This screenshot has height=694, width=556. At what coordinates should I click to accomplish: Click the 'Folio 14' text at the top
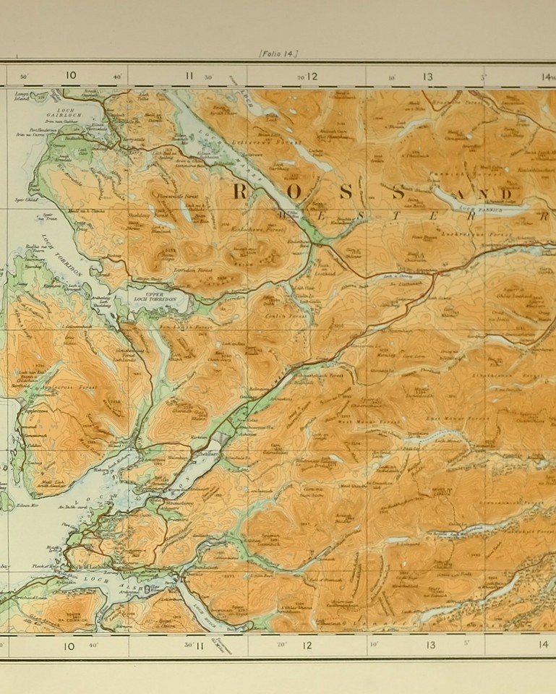coord(278,53)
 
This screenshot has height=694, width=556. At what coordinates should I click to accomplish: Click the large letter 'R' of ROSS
coord(241,192)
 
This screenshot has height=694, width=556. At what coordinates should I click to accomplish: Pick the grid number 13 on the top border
coord(427,76)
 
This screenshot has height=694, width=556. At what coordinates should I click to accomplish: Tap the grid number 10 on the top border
coord(70,75)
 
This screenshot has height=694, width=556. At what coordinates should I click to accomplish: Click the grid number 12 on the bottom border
coord(307,645)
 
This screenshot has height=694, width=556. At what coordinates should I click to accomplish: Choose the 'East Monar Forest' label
coord(468,418)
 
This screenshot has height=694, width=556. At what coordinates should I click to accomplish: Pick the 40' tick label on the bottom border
coord(93,645)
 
